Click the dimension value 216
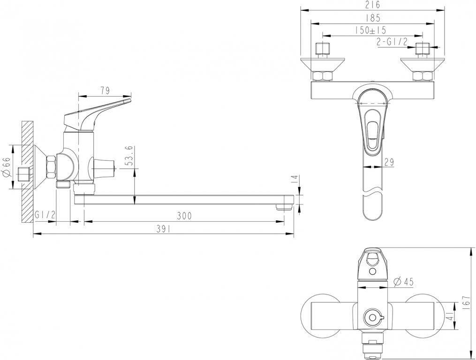[x=372, y=5]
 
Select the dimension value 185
[x=371, y=18]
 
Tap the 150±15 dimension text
[x=370, y=30]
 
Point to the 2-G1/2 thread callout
[x=392, y=42]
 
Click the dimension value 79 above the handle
[x=106, y=90]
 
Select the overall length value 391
[x=162, y=229]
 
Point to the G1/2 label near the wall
[x=45, y=215]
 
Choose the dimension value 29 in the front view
[x=389, y=162]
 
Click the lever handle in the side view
[x=98, y=110]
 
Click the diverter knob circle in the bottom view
[x=372, y=318]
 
